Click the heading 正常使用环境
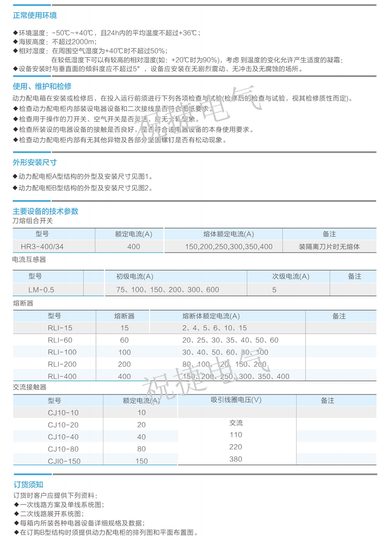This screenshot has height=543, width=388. (x=34, y=16)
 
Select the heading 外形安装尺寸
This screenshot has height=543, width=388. (x=34, y=162)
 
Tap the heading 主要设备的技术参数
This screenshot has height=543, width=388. (x=46, y=211)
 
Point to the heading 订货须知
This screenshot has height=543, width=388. (x=28, y=484)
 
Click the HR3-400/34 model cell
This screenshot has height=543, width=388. (x=46, y=247)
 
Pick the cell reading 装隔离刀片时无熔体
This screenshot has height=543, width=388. (x=329, y=247)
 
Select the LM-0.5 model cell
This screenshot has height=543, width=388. (x=41, y=290)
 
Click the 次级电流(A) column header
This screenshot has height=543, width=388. (x=291, y=277)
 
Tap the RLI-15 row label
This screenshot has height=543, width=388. (x=60, y=328)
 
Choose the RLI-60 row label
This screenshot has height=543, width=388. (x=60, y=340)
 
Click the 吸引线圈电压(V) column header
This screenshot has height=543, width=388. (x=236, y=400)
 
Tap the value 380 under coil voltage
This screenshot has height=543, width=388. (x=236, y=459)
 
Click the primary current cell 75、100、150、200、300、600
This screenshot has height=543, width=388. (x=167, y=290)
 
